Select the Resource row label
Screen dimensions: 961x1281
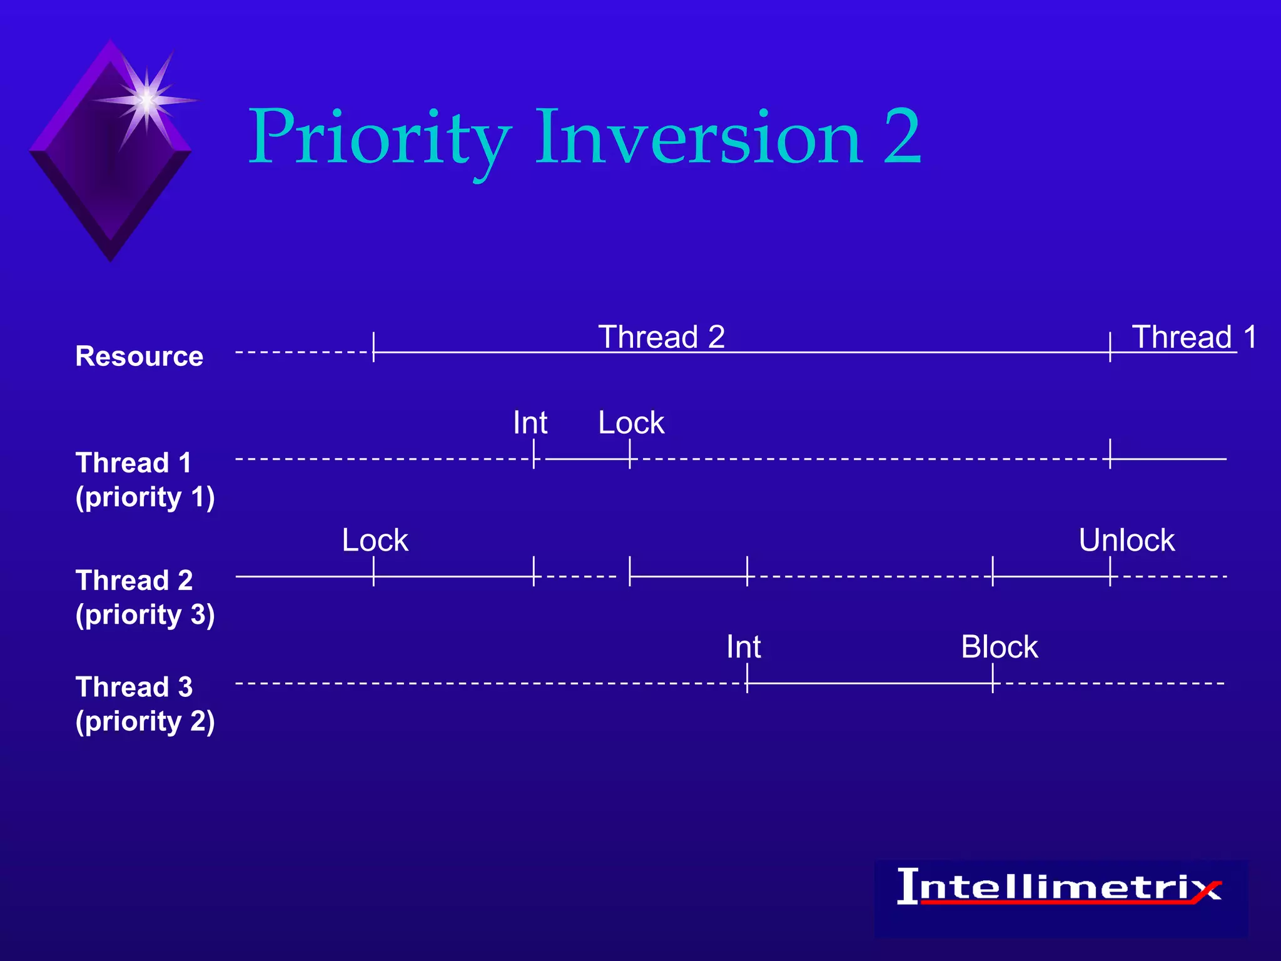139,356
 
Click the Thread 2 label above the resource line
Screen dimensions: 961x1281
661,337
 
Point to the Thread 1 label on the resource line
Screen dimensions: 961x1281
1193,337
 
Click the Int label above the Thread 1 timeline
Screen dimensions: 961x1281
530,423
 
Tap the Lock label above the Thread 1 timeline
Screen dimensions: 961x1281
630,423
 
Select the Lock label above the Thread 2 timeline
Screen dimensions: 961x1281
375,541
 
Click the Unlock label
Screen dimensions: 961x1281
1126,541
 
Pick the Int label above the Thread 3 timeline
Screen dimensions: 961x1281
743,647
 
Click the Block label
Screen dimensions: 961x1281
999,647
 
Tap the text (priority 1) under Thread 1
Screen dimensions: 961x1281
145,497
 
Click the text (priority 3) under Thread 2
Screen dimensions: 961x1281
145,615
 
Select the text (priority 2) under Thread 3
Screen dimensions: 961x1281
145,721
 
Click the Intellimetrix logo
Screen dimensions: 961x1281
1060,887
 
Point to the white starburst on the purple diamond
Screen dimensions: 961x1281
146,100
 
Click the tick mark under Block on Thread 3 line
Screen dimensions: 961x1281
993,679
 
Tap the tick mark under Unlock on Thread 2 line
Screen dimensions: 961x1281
1110,571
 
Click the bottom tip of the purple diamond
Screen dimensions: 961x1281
111,258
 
